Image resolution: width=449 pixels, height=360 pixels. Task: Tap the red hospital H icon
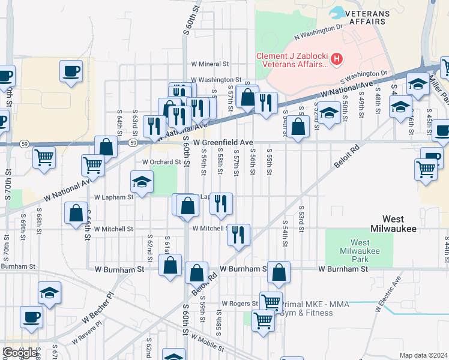click(x=337, y=59)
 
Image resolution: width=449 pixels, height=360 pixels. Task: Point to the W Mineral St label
click(x=210, y=63)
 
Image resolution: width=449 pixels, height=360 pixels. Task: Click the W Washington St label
click(x=212, y=79)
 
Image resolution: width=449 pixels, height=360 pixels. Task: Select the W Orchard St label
click(x=161, y=162)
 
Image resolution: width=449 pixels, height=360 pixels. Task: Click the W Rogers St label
click(x=240, y=304)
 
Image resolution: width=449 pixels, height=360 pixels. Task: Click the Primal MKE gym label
click(x=306, y=308)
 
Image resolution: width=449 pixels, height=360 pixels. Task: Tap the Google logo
click(x=19, y=353)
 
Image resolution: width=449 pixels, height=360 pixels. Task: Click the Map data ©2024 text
click(x=423, y=355)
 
